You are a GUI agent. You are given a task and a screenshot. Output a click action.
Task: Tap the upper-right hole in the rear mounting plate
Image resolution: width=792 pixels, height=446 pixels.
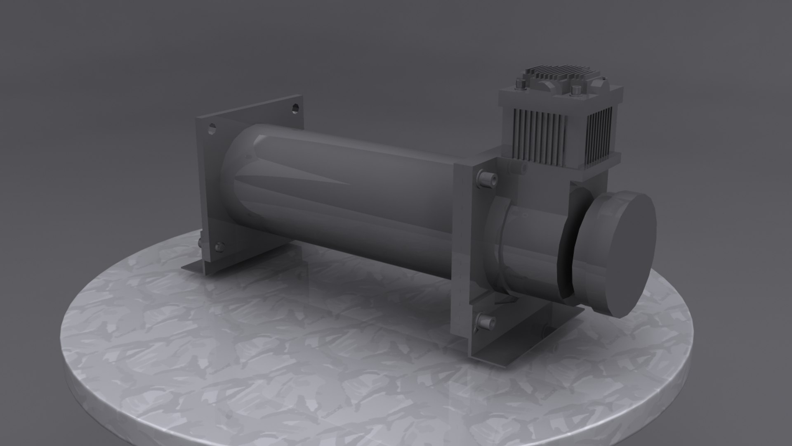coord(295,109)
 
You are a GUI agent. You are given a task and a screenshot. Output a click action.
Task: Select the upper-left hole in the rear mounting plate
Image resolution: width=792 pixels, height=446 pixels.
coord(212,128)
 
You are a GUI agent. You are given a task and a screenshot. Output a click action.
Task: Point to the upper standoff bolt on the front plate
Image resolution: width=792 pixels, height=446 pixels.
coord(485,178)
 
